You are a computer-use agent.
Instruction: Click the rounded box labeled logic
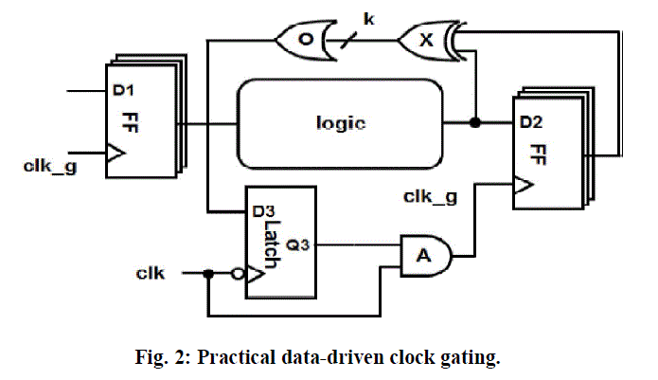tap(340, 123)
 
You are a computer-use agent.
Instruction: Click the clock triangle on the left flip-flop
tap(115, 154)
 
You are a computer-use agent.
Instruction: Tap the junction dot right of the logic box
tap(474, 123)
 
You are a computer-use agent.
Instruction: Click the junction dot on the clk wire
tap(206, 274)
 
